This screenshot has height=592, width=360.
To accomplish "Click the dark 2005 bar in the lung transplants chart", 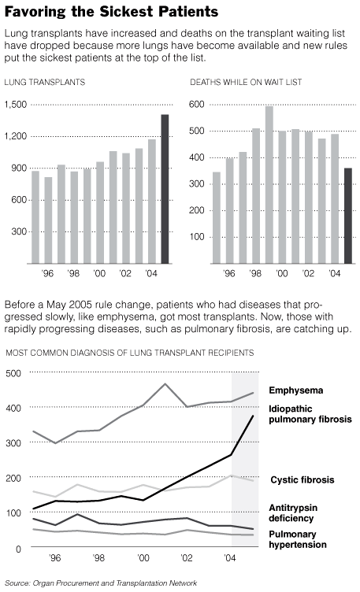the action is click(165, 189).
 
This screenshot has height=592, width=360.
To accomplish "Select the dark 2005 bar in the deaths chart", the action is click(348, 216).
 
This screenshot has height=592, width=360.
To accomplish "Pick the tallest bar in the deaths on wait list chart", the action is click(269, 185).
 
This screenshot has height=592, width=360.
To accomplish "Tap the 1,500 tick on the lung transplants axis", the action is click(16, 104).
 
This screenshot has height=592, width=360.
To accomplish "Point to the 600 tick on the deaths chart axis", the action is click(196, 104).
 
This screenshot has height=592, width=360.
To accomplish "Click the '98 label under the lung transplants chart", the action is click(73, 273).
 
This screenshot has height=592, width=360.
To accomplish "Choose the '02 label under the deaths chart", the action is click(308, 273).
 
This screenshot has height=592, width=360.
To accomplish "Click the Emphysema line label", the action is click(295, 390).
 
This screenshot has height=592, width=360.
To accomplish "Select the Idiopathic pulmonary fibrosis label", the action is click(310, 414).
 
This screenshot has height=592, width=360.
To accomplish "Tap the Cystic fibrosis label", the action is click(302, 480).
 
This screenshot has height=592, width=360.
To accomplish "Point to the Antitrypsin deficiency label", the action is click(293, 513).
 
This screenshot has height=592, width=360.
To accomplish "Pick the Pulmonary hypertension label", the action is click(298, 539).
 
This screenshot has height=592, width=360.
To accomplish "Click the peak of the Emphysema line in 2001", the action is click(165, 384).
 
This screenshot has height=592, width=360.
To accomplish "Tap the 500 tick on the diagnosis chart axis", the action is click(13, 373).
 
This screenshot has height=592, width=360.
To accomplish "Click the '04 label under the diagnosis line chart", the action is click(230, 558).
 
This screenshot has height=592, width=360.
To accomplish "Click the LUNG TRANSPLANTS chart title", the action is click(45, 83).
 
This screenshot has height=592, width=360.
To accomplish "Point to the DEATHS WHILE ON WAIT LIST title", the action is click(246, 83).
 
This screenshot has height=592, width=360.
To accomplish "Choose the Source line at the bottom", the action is click(101, 583).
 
